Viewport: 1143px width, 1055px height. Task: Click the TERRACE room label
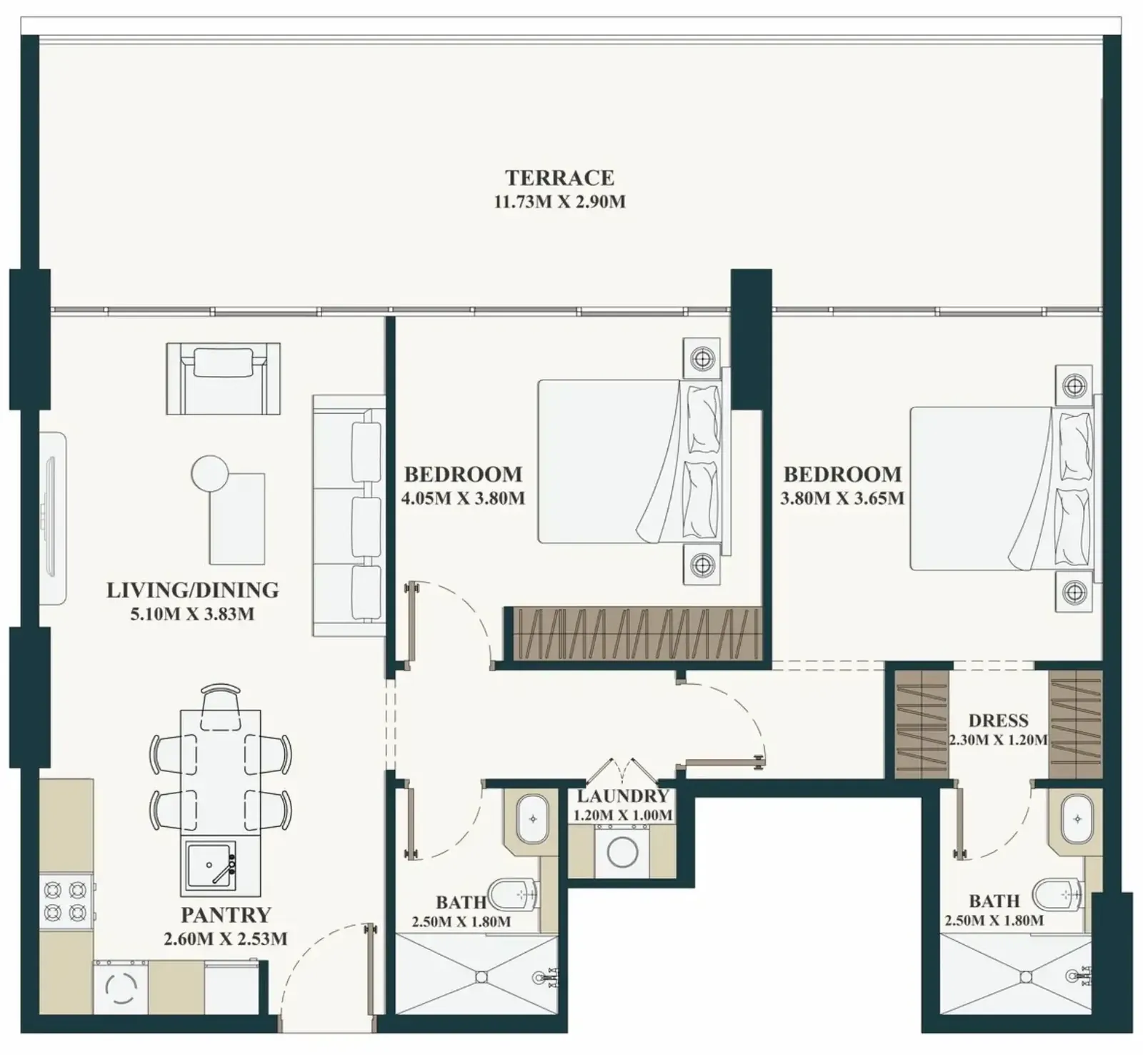pos(559,177)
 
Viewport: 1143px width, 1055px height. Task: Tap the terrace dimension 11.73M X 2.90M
pos(559,202)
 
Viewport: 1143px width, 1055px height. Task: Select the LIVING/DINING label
pos(192,590)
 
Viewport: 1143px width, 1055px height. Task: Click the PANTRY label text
pos(226,915)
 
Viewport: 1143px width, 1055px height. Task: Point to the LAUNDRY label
pos(623,796)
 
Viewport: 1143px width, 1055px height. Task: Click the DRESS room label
pos(998,720)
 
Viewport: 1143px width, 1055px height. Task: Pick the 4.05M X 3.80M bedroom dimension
pos(463,498)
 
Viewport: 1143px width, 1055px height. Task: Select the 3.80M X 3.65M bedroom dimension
pos(842,498)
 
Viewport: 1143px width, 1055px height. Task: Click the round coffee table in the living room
pos(210,474)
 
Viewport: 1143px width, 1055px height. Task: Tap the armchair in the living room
pos(224,378)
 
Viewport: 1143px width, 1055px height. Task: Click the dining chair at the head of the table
pos(221,707)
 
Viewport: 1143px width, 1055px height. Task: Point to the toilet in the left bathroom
pos(517,893)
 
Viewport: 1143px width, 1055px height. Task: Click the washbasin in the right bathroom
pos(1075,818)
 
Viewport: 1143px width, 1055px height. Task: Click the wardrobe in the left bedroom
pos(634,634)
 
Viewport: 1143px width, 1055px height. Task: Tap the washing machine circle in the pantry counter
pos(121,987)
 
